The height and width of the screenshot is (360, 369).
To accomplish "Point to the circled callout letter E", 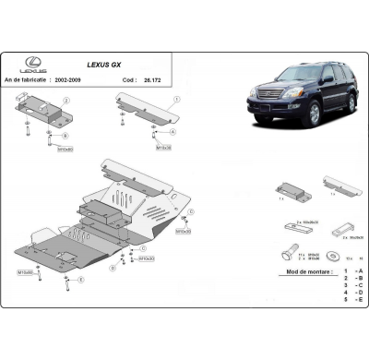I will point(81,280).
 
